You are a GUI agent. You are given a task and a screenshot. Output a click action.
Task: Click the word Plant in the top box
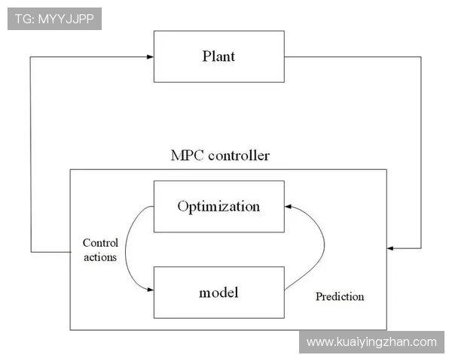point(218,56)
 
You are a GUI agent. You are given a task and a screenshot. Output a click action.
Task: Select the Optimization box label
point(218,206)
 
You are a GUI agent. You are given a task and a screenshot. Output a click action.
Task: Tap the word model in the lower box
point(218,293)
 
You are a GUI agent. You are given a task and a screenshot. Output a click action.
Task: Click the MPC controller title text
point(220,156)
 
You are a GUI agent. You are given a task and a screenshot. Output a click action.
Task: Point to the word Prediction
point(340,296)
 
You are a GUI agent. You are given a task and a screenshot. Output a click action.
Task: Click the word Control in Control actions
point(100,243)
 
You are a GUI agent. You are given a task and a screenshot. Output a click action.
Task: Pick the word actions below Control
point(100,257)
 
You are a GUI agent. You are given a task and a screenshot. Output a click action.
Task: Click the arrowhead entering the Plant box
point(150,56)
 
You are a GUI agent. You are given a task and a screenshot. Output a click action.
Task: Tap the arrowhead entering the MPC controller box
point(390,248)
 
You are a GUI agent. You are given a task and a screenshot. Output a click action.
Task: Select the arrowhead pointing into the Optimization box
point(288,206)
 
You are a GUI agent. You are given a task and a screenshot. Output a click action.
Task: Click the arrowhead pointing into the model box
point(151,290)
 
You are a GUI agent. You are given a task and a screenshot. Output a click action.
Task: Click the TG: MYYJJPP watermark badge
point(54,19)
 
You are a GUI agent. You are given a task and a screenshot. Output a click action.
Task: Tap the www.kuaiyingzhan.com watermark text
point(371,342)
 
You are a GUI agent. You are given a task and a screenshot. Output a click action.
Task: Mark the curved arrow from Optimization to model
point(125,250)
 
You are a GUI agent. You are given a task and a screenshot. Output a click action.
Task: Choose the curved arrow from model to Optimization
point(324,244)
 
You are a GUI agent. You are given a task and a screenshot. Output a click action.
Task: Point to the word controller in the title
point(239,156)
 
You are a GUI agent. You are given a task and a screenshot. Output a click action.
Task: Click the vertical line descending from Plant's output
point(421,153)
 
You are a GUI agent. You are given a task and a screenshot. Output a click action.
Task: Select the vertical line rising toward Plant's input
point(31,155)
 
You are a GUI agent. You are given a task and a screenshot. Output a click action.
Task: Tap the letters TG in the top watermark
point(22,19)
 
